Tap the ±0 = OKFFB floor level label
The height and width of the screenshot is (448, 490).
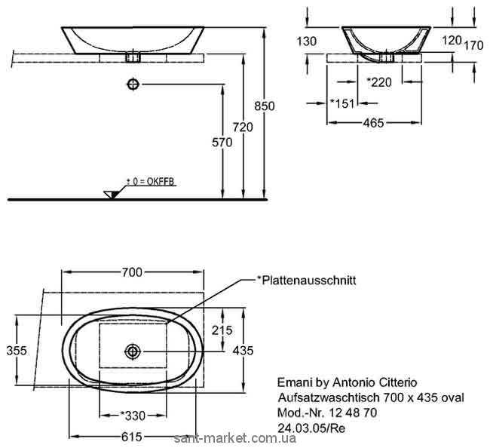pyautogui.click(x=150, y=182)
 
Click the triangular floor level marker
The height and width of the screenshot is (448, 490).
pyautogui.click(x=112, y=195)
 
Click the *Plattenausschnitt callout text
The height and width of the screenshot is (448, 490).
pyautogui.click(x=306, y=280)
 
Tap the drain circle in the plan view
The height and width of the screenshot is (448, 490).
pyautogui.click(x=133, y=350)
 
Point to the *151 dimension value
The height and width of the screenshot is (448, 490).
pyautogui.click(x=343, y=102)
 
